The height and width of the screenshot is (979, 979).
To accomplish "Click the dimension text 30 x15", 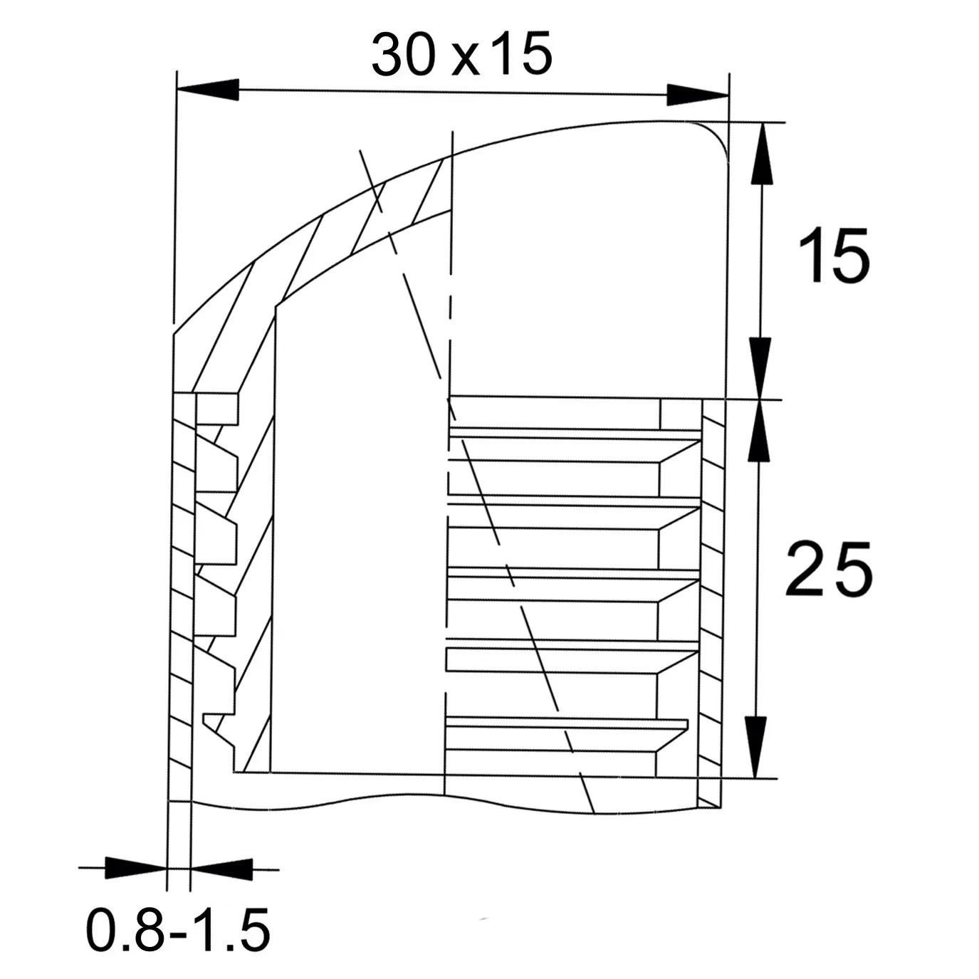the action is click(x=461, y=54).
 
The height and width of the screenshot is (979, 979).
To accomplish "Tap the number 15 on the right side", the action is click(x=834, y=255).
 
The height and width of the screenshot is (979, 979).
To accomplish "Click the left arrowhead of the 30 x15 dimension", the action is click(x=208, y=90).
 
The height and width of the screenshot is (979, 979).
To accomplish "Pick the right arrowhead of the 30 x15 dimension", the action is click(x=698, y=95).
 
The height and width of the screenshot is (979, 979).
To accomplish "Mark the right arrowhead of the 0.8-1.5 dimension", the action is click(x=221, y=869).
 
